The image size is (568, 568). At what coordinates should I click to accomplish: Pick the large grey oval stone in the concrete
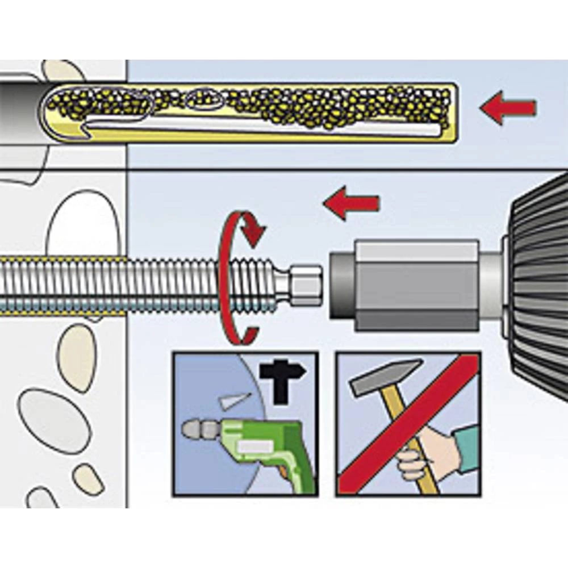pyautogui.click(x=54, y=420)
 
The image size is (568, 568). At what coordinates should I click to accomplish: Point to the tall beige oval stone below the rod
pyautogui.click(x=77, y=358)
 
